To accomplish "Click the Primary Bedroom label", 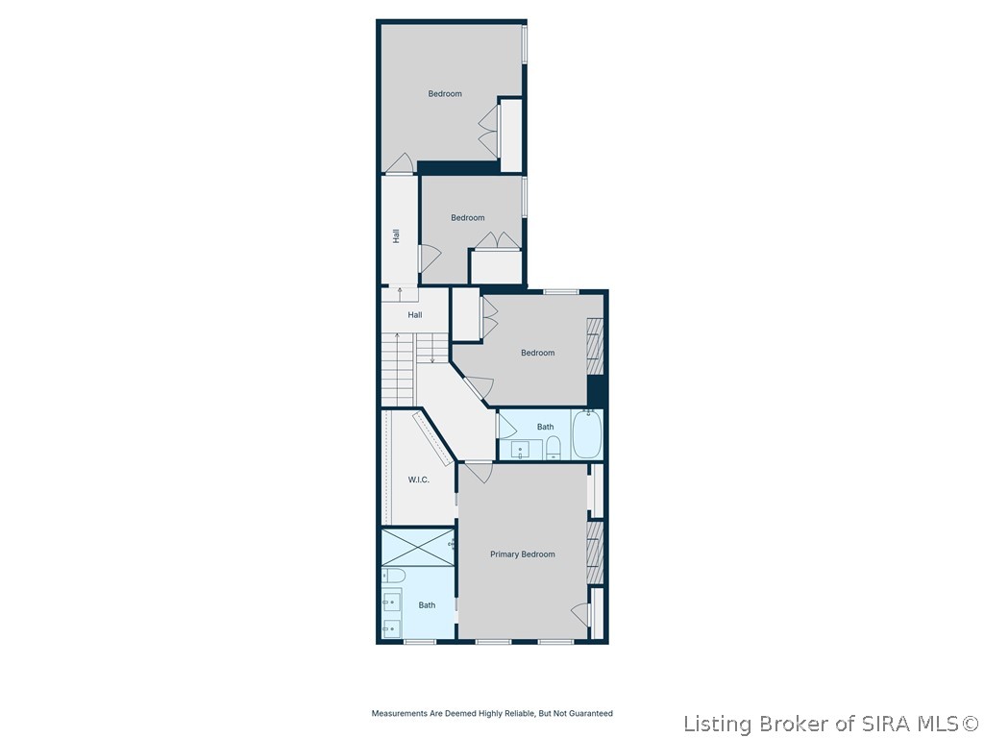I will tap(523, 554).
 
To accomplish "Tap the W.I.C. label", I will tap(418, 480).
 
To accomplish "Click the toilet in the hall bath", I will tap(553, 448).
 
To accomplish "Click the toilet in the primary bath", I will tap(394, 576).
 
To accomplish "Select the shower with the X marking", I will tap(418, 547).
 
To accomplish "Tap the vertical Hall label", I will tap(395, 235).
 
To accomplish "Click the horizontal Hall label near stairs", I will tap(414, 315).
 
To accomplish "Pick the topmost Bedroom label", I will tap(445, 94).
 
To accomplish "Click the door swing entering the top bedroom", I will tap(401, 164).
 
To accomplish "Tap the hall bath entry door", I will tap(505, 429).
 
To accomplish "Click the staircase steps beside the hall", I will tap(398, 369).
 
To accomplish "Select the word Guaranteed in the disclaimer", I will tap(588, 714).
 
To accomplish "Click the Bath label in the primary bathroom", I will tap(427, 605).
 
